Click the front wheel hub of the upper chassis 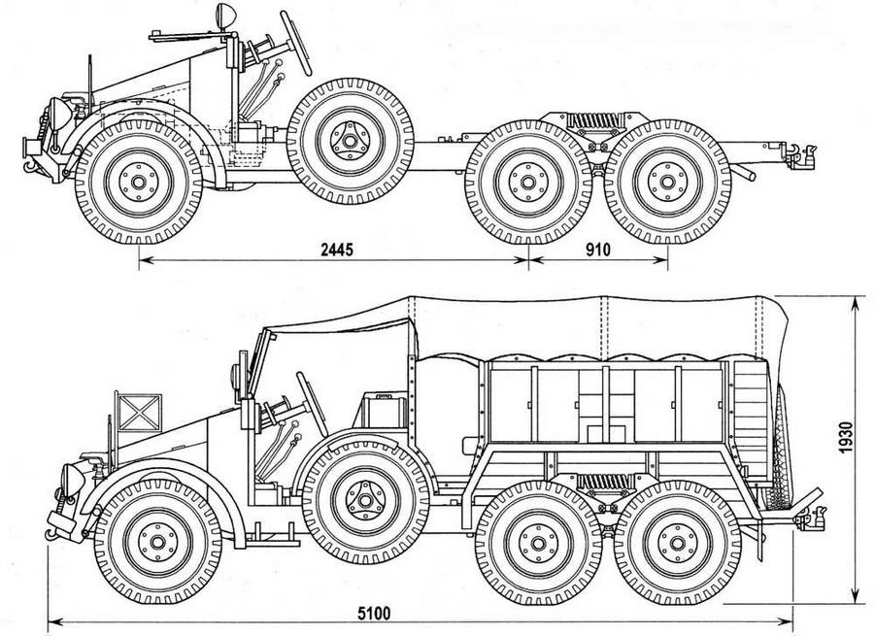point(135,182)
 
